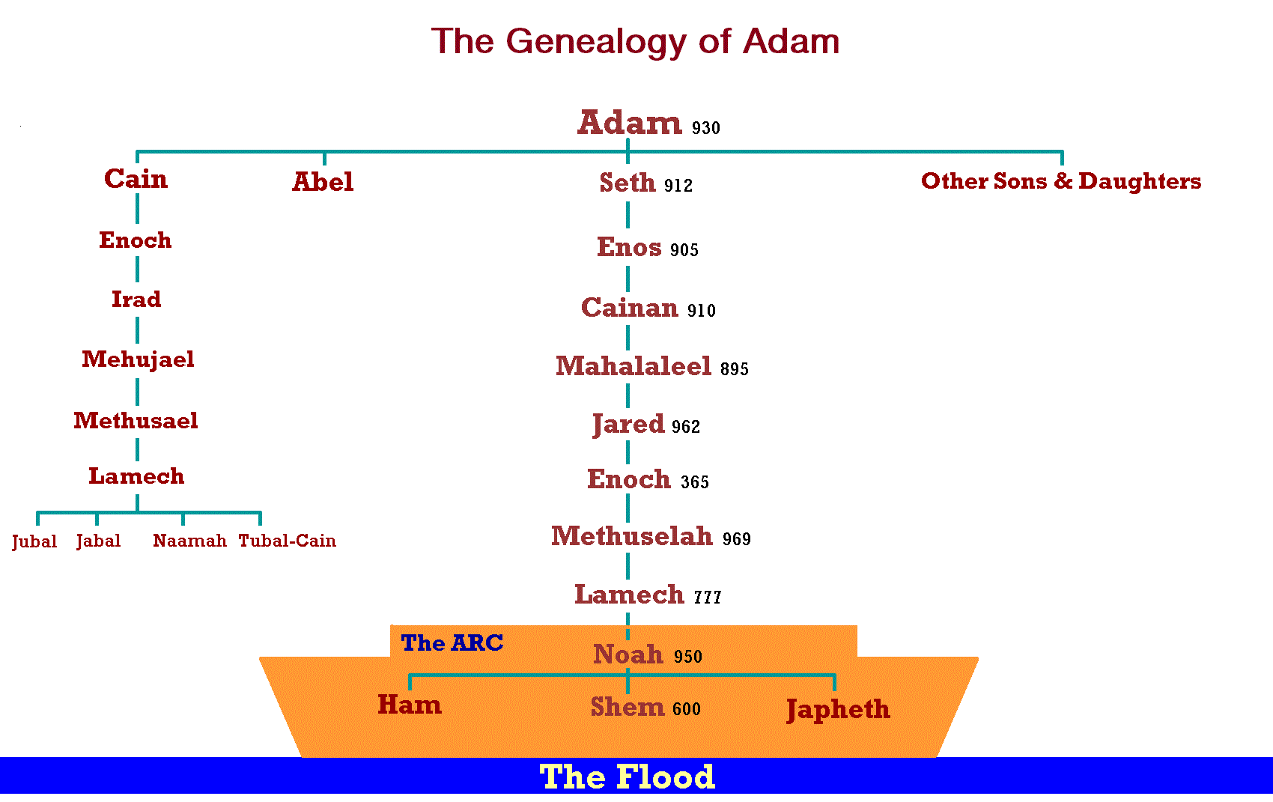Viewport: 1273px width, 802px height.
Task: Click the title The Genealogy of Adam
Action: (635, 41)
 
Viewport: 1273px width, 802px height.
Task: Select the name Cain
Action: (136, 179)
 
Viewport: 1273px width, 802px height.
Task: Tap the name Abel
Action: (323, 182)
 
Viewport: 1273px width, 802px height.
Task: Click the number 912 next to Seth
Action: (678, 186)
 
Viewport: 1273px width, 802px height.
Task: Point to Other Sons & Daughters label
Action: (1061, 181)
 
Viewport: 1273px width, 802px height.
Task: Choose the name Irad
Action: (136, 300)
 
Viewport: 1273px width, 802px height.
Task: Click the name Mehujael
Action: (138, 360)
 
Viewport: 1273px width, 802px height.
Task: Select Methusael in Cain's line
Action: (136, 421)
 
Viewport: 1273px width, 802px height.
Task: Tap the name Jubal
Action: (34, 542)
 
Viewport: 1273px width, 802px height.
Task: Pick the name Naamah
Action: (189, 541)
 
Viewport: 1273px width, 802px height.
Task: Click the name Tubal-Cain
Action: (288, 541)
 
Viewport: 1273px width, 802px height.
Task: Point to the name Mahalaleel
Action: (634, 366)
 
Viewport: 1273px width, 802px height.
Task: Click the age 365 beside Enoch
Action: (695, 482)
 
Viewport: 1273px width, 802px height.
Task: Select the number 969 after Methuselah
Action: (737, 539)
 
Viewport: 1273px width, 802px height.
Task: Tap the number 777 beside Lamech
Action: (708, 598)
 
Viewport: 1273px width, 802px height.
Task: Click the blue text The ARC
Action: (452, 643)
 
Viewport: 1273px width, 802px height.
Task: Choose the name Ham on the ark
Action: (410, 705)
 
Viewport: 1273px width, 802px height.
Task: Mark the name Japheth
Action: (838, 710)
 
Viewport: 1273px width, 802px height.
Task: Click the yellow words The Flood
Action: (628, 777)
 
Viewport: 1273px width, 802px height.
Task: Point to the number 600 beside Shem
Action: (687, 709)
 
